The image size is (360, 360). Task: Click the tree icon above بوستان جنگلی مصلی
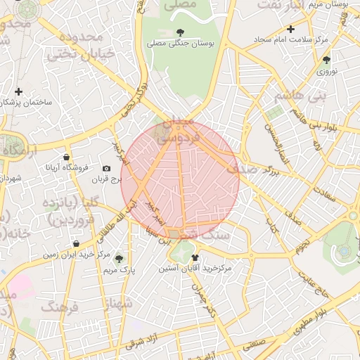point(181,32)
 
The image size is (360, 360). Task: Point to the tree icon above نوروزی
point(326,60)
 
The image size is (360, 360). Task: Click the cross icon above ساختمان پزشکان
point(18,91)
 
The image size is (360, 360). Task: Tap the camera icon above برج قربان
point(106,168)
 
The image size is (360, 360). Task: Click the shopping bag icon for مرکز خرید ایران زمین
point(75,244)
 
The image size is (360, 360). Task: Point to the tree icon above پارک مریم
point(117,258)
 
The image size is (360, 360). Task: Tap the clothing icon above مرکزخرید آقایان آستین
point(195,257)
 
